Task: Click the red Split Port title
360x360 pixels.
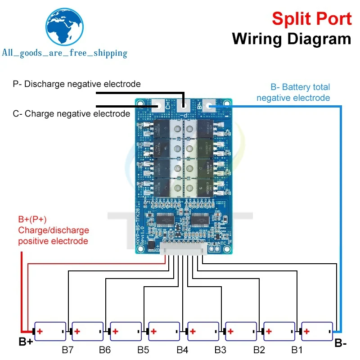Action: (x=311, y=19)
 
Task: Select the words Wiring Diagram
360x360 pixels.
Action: (x=291, y=39)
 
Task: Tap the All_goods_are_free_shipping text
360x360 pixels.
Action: (x=64, y=53)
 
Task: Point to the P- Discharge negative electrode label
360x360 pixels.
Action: (x=76, y=84)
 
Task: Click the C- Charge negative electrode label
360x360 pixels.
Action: (x=71, y=114)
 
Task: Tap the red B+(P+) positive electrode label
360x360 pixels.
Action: (x=54, y=230)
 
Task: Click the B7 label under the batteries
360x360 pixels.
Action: (x=67, y=349)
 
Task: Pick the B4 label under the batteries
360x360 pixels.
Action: (x=182, y=349)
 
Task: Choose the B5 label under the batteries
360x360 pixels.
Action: (x=144, y=349)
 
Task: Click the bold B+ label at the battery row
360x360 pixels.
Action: (x=26, y=342)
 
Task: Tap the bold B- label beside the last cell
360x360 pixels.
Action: (x=341, y=343)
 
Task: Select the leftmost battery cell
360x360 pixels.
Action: (x=51, y=332)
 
